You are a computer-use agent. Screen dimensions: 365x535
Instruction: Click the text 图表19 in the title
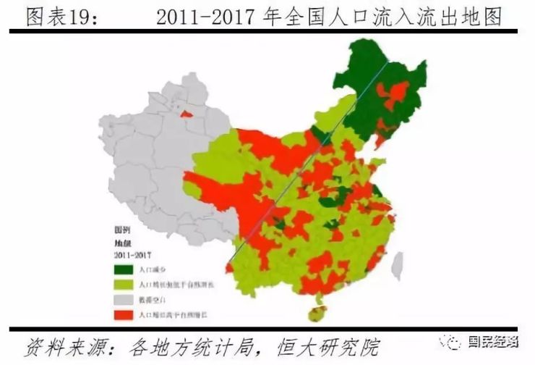pos(60,17)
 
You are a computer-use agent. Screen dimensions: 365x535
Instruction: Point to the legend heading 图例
pos(122,229)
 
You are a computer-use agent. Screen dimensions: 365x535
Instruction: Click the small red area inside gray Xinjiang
pos(187,114)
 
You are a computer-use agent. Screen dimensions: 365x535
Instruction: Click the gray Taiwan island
pos(397,266)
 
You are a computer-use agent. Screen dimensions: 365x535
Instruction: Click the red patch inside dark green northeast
pos(397,94)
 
